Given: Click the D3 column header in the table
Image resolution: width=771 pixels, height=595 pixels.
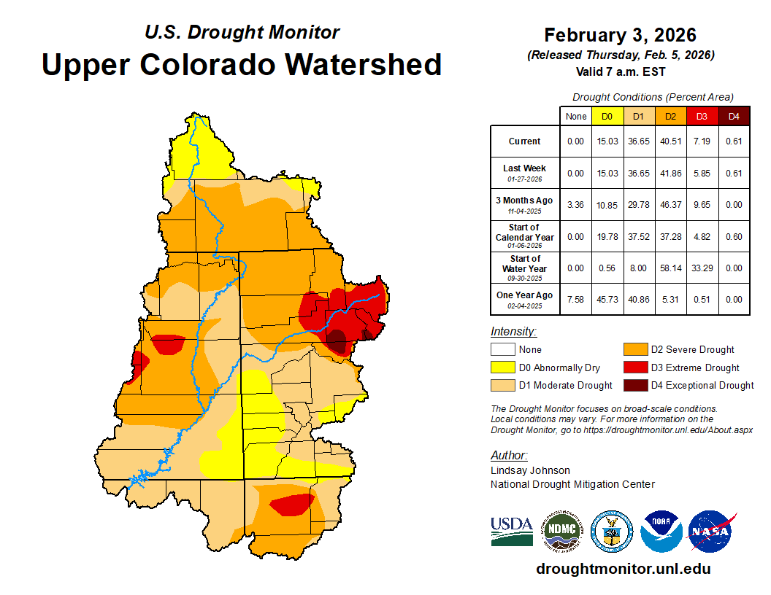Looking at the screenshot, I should (x=701, y=116).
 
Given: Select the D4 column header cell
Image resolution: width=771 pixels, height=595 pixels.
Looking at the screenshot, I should (x=734, y=116).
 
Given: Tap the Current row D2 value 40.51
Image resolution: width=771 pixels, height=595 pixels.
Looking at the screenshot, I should (x=670, y=141).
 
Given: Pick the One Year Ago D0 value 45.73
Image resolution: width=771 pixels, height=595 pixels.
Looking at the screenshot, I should (x=607, y=298).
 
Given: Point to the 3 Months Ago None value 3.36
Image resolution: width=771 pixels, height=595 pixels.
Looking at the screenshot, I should (x=576, y=204).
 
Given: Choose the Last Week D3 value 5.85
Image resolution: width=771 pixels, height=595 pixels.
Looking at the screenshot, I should (x=701, y=173).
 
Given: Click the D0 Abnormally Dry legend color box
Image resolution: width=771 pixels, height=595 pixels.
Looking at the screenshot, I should (x=502, y=367).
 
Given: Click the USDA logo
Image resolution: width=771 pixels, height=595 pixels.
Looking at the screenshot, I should (x=512, y=531).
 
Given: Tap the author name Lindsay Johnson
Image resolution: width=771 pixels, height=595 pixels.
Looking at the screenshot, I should (x=530, y=470).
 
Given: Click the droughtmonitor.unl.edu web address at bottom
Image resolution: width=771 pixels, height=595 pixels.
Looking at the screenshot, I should (x=623, y=569).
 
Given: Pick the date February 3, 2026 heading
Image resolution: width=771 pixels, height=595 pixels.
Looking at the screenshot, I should (x=620, y=34).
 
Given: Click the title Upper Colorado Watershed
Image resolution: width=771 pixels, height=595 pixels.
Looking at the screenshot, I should (x=242, y=64).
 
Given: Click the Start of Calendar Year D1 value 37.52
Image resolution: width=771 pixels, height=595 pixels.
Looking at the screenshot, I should (x=638, y=236).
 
